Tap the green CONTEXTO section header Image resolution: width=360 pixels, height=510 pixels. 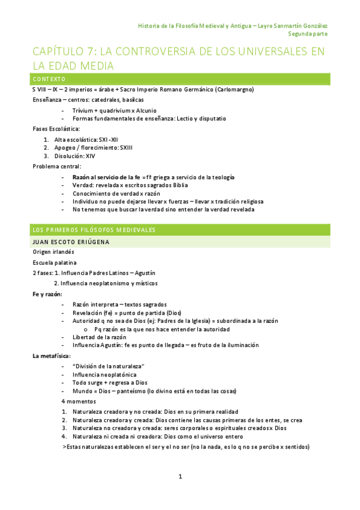(49, 79)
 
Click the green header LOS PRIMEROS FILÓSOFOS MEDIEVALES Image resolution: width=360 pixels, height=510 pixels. (94, 230)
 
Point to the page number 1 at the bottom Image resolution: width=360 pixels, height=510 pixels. (180, 476)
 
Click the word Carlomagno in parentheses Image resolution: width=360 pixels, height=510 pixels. (235, 90)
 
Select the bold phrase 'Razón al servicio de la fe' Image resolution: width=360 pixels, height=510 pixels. (106, 177)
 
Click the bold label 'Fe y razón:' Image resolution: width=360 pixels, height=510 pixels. (46, 294)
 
